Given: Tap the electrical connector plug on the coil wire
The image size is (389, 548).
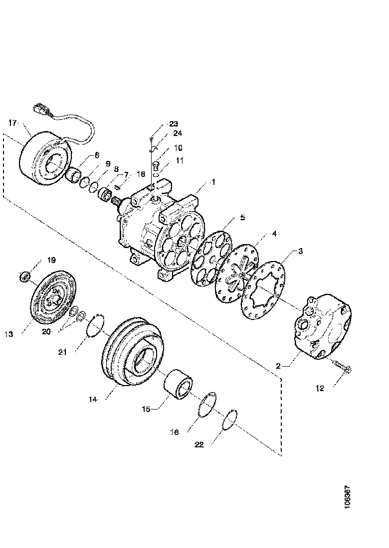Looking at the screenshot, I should coord(40,108).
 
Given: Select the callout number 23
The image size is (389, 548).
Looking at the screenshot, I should coord(173,124).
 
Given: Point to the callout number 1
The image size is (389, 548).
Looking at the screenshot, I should coord(213,182).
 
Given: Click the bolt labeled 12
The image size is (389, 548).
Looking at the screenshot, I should coord(343,369).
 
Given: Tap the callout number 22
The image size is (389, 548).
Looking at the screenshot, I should coord(199,444).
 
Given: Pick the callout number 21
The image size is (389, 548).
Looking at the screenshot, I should coord(62,352).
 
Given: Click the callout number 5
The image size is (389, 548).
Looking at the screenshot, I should coord(242,218).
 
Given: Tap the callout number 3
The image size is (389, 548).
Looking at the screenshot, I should coord(300,252).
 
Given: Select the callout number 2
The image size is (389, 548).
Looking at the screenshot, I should coord(281,366).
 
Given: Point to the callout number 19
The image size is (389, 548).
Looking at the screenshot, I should coord(51,260).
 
